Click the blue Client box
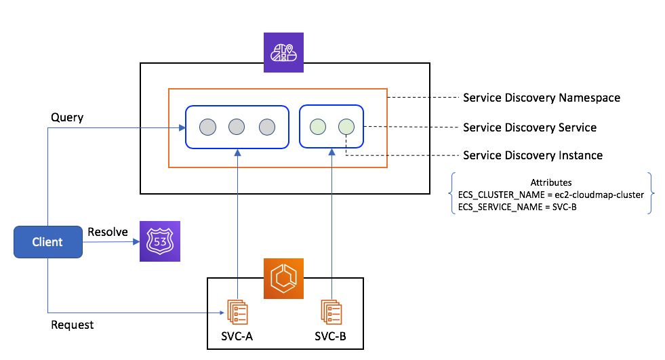[x=47, y=242]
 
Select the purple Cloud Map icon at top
[x=284, y=52]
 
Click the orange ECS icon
[x=284, y=279]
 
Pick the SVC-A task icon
[x=237, y=311]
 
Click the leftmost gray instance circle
[x=207, y=127]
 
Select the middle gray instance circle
[x=237, y=127]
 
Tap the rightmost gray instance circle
[x=266, y=127]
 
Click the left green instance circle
[x=317, y=126]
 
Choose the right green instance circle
[x=346, y=126]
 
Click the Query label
[x=67, y=117]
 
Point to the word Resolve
[x=108, y=232]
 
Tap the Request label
[x=73, y=325]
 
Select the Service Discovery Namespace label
[x=541, y=98]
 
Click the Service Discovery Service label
[x=529, y=127]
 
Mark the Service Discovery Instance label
[x=532, y=155]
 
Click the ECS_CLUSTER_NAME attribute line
[x=550, y=195]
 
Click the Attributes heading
[x=550, y=182]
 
